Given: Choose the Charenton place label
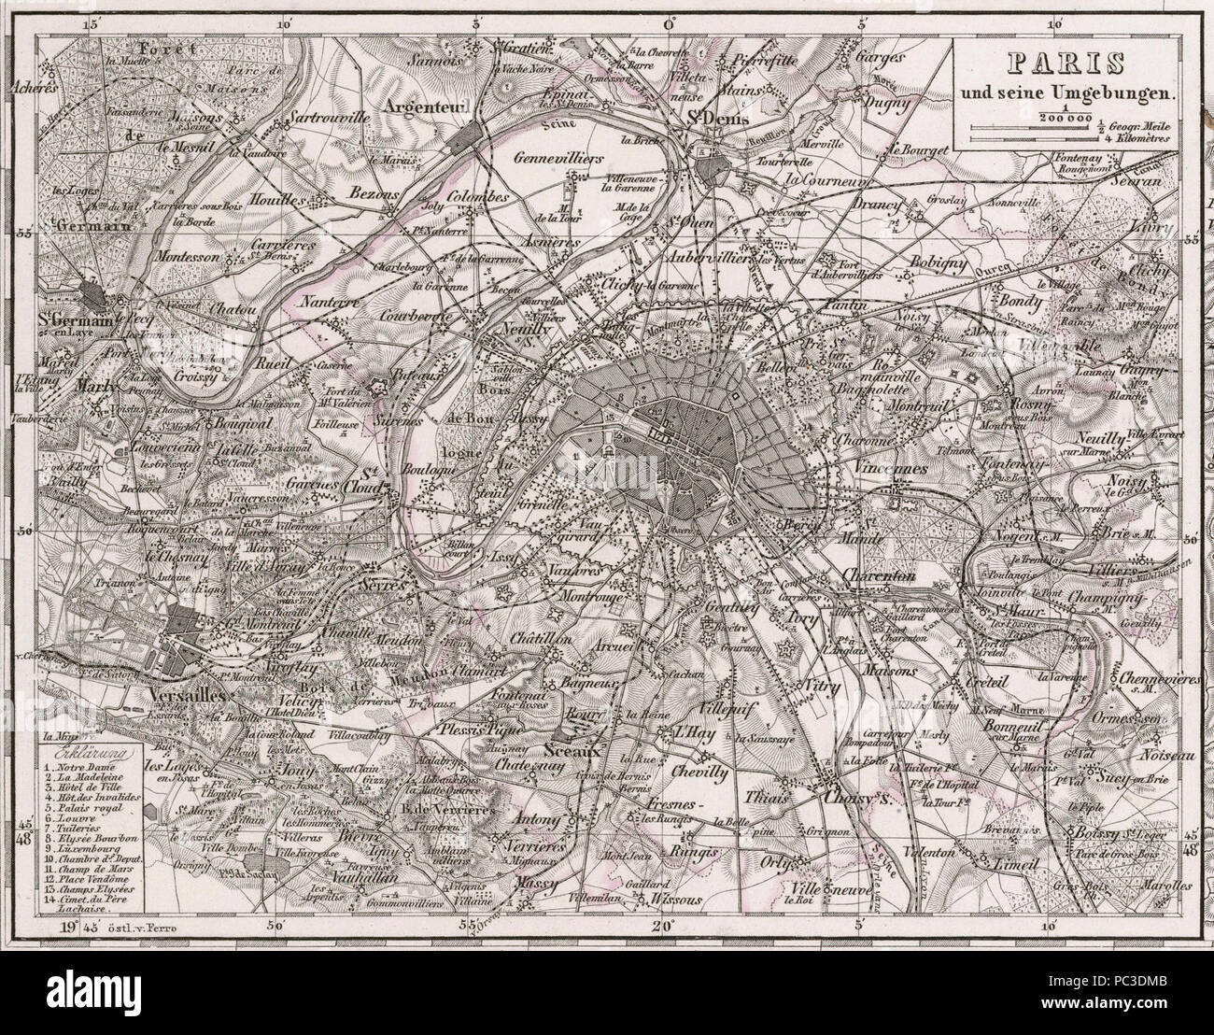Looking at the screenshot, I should click(879, 576).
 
